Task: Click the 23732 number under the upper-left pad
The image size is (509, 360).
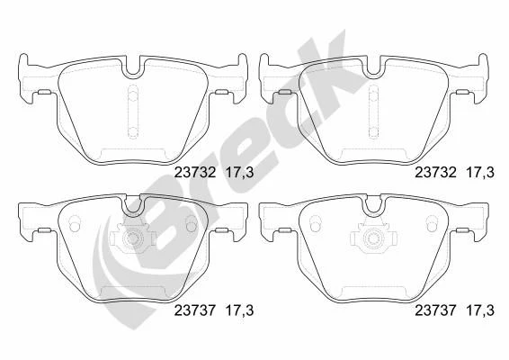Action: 195,172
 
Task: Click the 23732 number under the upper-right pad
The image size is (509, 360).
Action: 435,172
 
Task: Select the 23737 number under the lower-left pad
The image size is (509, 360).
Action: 195,310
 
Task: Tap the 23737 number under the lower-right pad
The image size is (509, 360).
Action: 435,310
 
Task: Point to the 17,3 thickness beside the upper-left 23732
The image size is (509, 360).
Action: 239,172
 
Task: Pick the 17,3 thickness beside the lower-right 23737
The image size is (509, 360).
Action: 480,310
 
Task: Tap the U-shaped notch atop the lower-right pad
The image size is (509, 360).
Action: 373,204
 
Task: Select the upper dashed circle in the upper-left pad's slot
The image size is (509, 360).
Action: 133,95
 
